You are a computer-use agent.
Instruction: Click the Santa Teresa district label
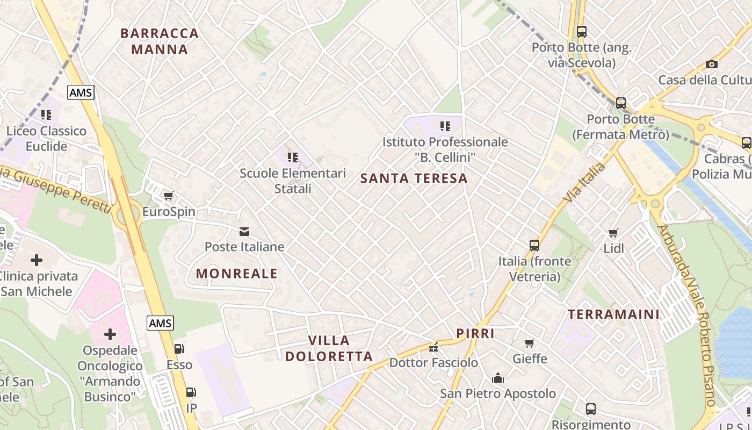coord(414,178)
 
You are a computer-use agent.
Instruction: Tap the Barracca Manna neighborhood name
coord(160,41)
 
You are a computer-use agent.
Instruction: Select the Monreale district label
coord(237,274)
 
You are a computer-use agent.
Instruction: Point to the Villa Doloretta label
coord(329,348)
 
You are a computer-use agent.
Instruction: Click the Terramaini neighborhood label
coord(613,314)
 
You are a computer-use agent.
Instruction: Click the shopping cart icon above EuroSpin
coord(169,196)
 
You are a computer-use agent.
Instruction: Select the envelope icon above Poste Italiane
coord(244,232)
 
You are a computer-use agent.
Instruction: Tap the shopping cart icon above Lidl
coord(613,233)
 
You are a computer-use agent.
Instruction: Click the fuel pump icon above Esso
coord(179,349)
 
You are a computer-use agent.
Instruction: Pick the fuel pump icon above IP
coord(191,392)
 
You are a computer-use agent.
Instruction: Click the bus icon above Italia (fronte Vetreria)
coord(534,246)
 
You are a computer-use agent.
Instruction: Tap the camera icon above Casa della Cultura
coord(712,64)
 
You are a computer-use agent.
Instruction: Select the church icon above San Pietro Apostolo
coord(498,378)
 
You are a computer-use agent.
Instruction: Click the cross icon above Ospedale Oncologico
coord(110,334)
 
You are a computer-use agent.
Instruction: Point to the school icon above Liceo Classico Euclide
coord(46,114)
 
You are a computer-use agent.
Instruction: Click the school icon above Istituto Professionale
coord(445,126)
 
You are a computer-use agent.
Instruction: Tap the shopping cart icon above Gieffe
coord(530,343)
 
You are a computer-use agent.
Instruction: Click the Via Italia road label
coord(584,182)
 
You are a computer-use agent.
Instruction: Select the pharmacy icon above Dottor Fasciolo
coord(433,347)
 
